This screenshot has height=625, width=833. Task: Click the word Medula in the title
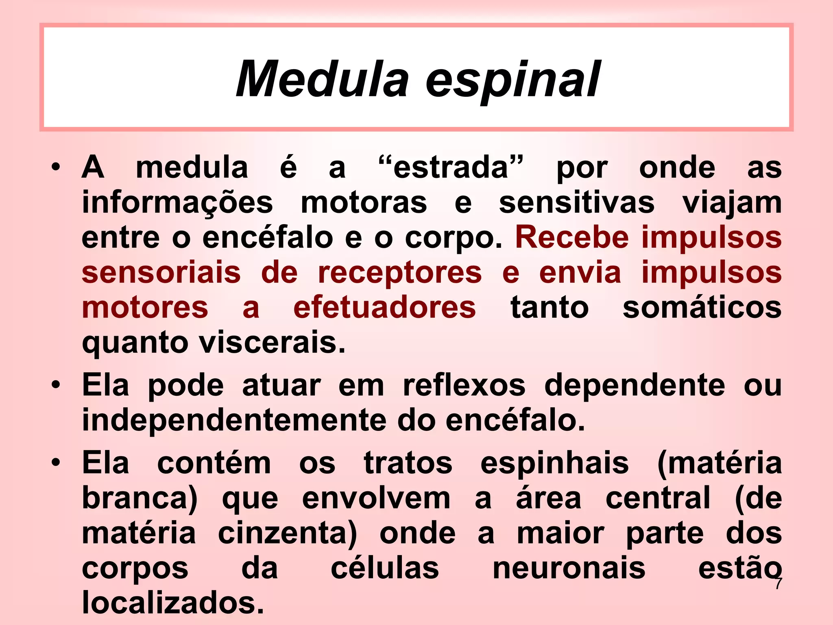(322, 79)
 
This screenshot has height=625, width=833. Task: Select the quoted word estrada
(451, 168)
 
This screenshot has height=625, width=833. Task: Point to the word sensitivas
(576, 203)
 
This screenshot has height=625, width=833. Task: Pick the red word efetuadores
(384, 308)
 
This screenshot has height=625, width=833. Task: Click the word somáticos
(702, 308)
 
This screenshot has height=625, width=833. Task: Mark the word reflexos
(464, 385)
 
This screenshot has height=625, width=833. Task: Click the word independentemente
(234, 420)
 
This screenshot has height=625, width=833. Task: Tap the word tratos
(408, 463)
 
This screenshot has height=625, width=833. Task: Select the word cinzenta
(287, 534)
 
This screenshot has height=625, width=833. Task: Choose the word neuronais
(569, 568)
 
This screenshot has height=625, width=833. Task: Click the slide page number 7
(778, 583)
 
